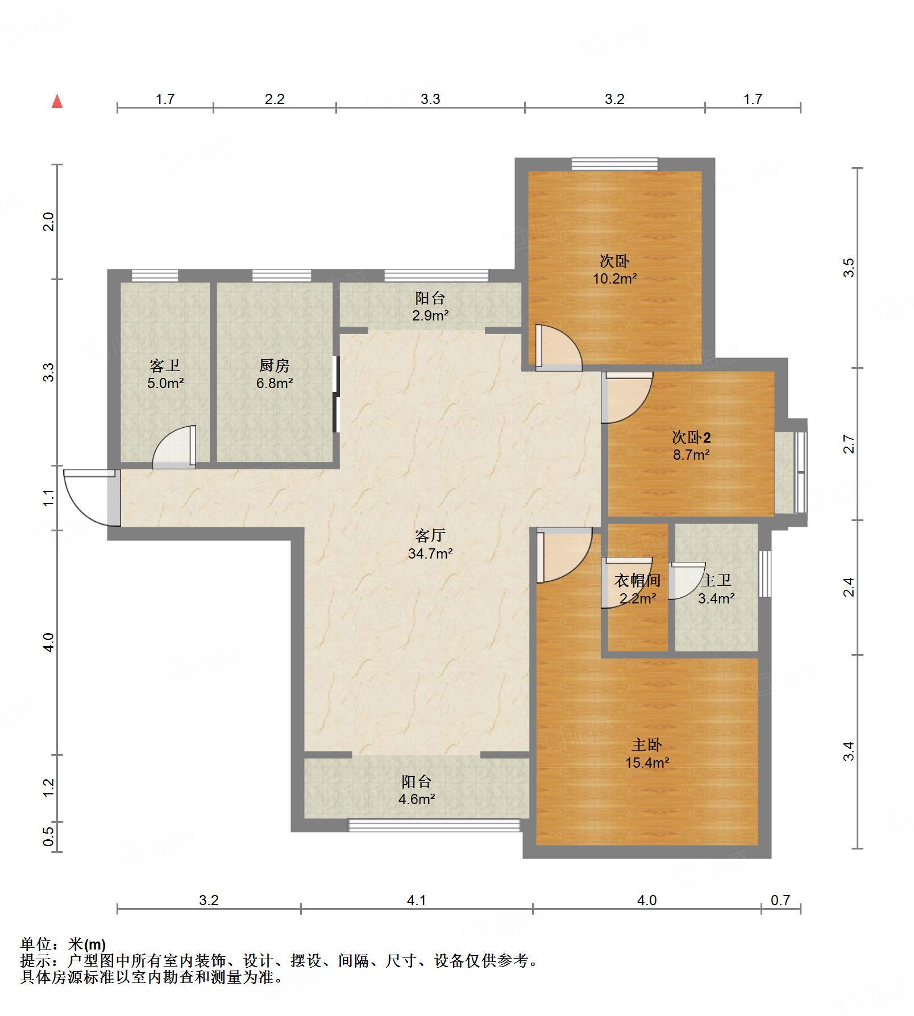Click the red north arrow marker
point(57,101)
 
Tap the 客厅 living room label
point(430,535)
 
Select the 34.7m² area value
point(430,553)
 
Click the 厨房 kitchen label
point(274,365)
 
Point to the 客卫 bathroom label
point(165,365)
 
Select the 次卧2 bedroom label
point(691,438)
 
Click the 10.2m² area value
point(615,278)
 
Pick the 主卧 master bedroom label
point(647,745)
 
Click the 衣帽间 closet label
point(637,581)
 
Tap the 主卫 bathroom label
point(716,581)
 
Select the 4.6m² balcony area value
point(417,799)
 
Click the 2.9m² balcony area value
point(430,315)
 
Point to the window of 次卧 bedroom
point(614,164)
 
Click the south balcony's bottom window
point(434,825)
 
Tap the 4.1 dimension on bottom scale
point(417,900)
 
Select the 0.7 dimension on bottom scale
point(780,900)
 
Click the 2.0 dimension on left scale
point(49,221)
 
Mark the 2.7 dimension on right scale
point(849,444)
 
